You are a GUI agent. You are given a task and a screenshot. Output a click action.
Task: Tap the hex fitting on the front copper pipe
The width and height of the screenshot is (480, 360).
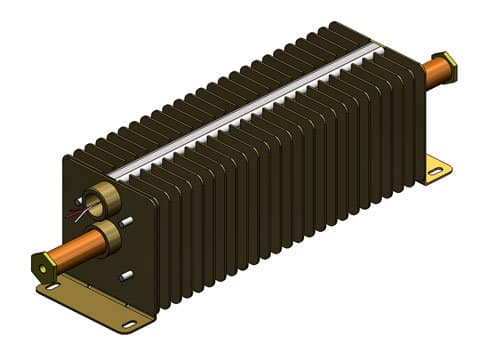click(x=43, y=266)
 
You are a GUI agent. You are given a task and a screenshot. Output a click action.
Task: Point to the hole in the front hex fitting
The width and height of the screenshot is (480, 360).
click(x=40, y=267)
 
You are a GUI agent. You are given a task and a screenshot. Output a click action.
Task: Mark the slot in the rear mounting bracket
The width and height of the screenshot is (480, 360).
click(x=433, y=171)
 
